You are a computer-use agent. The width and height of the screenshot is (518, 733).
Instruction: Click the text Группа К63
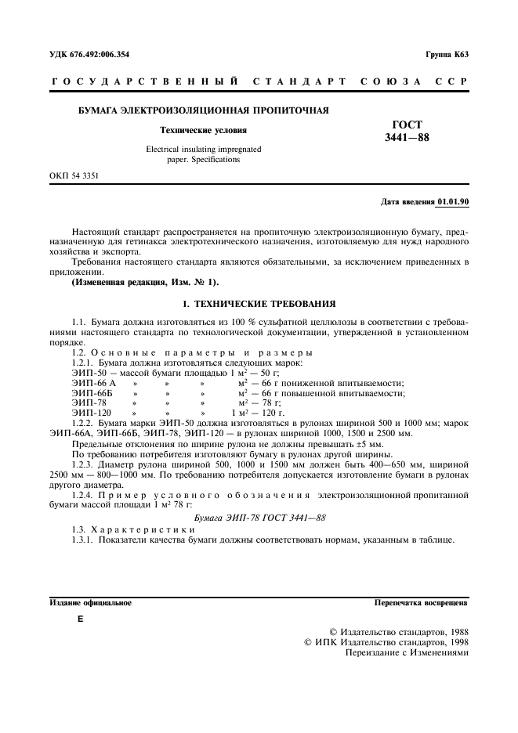(x=447, y=55)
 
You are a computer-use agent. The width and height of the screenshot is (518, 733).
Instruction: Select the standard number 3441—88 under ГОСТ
(x=407, y=139)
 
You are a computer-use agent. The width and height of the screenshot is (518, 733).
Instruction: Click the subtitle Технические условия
(x=202, y=130)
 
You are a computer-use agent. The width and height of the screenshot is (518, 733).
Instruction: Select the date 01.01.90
(x=453, y=202)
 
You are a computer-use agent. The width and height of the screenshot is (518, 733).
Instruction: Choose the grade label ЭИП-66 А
(x=92, y=383)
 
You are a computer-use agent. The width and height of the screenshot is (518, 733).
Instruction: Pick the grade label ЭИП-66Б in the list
(x=89, y=392)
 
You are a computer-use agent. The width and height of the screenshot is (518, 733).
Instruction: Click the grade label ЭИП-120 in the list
(x=89, y=412)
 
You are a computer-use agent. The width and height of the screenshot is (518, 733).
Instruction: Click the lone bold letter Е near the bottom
(x=79, y=619)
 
